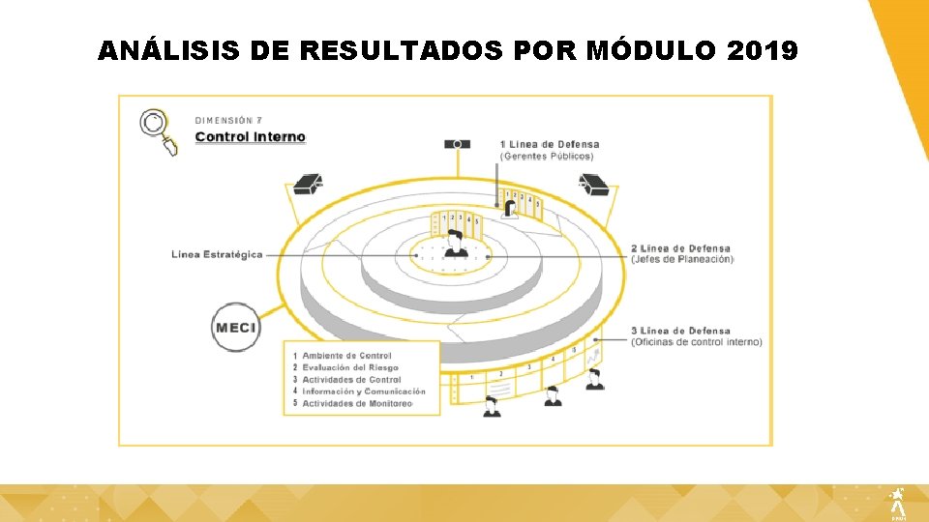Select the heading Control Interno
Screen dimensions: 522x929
point(250,137)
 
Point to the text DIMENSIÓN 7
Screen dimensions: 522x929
point(228,120)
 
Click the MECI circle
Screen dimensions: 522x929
point(236,328)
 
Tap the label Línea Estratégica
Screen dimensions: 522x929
point(217,255)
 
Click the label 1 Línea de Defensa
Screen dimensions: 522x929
point(550,145)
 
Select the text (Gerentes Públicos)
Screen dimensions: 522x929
point(547,157)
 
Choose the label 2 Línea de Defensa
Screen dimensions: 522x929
point(680,248)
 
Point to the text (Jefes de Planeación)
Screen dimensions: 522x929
point(682,259)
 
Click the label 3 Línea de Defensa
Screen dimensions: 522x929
point(680,331)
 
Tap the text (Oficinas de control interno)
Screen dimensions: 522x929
point(696,342)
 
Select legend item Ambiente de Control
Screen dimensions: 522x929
point(346,356)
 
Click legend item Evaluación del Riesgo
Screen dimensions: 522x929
point(349,367)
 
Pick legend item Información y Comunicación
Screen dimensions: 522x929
point(363,391)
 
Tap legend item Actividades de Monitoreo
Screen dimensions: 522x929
point(356,403)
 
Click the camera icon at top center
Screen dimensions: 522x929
point(457,144)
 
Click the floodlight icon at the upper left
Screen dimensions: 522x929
point(308,185)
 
